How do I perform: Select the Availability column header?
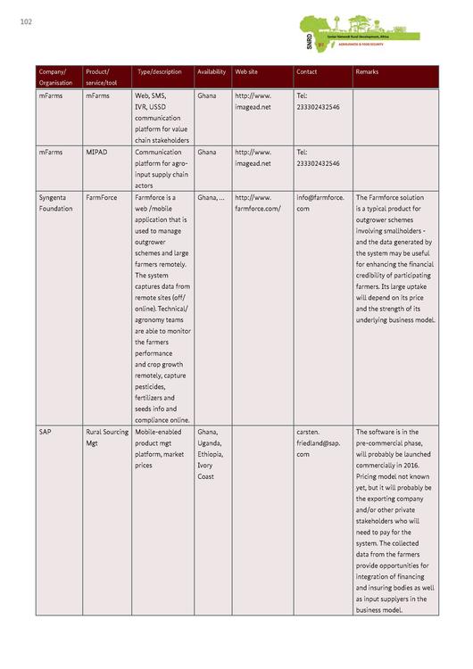tap(212, 71)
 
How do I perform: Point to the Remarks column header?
tap(367, 71)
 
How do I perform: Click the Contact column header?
tap(306, 71)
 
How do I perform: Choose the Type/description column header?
tap(160, 71)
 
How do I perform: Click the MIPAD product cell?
tap(96, 153)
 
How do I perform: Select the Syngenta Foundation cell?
tap(55, 202)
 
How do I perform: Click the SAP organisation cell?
tap(45, 432)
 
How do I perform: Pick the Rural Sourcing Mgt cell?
tap(106, 437)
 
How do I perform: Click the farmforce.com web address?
tap(257, 202)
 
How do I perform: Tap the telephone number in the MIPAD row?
tap(318, 158)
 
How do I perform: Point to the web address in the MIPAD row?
tap(253, 158)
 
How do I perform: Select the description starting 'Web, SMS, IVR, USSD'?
tap(162, 117)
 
